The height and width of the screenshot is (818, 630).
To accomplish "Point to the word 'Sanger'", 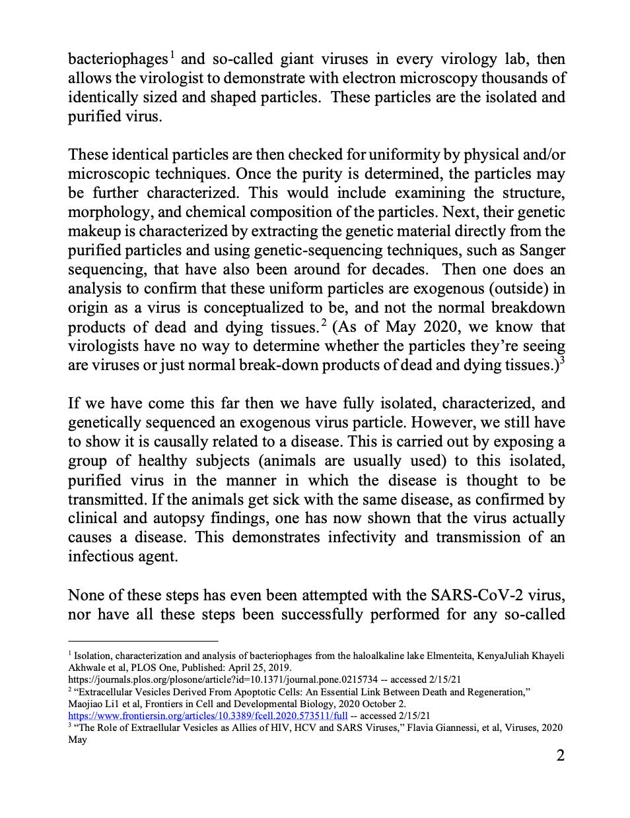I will click(540, 251).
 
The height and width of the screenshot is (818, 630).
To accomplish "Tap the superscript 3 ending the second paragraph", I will click(562, 361).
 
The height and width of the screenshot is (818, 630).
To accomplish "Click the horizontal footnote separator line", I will click(143, 641).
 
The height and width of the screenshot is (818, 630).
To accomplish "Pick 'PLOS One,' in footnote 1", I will click(161, 667).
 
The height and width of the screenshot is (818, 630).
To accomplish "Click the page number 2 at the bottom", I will click(560, 756).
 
